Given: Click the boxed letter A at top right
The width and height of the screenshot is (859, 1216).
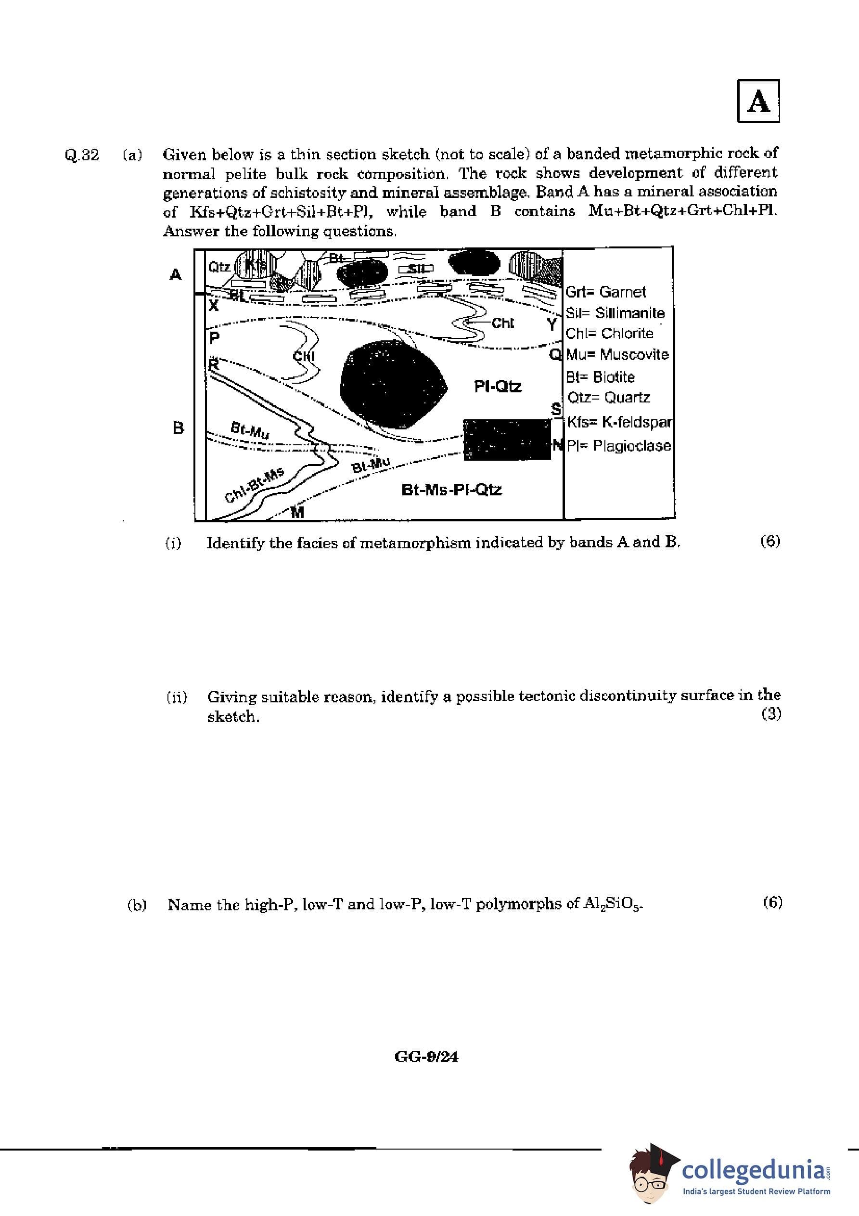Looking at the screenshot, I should [x=758, y=101].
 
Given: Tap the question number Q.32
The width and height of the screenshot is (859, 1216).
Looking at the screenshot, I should [x=81, y=155].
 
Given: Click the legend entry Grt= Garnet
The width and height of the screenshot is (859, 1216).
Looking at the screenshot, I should [x=605, y=292].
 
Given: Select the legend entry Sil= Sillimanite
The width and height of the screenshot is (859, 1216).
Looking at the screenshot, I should [x=615, y=313].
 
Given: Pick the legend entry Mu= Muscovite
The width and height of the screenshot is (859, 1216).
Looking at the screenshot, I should [x=617, y=354].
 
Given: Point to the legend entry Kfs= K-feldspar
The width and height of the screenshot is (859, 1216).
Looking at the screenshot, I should [x=619, y=422].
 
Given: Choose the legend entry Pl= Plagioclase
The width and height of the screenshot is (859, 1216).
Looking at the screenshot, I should [x=618, y=446].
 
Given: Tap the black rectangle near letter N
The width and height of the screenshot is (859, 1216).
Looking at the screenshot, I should [x=506, y=439].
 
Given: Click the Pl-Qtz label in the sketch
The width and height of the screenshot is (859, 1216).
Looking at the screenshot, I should [x=497, y=387].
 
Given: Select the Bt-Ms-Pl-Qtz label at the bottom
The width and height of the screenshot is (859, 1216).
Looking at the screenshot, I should [x=451, y=490].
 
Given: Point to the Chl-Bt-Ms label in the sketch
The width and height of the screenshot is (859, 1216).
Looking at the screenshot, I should [x=254, y=485].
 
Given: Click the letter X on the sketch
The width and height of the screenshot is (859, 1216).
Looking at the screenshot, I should [x=213, y=305].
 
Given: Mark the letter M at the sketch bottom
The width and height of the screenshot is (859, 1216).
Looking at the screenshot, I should [x=297, y=512].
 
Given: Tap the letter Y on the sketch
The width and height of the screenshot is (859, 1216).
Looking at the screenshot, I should [x=552, y=324].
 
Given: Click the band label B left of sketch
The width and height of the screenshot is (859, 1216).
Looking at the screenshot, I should [x=178, y=427].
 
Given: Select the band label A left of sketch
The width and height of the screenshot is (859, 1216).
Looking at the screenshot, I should [x=175, y=274].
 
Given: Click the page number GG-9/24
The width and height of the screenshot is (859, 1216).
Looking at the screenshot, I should [x=426, y=1057].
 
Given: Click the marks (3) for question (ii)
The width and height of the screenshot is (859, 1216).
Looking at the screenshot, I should [x=771, y=714].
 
